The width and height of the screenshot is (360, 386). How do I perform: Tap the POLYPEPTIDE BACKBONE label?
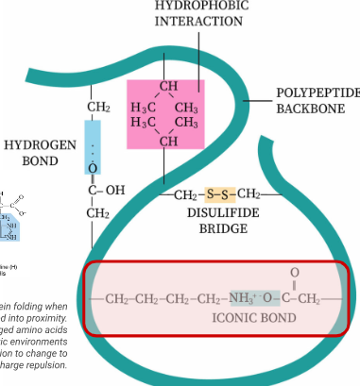click(x=317, y=101)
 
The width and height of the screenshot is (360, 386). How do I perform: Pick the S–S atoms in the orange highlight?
click(x=218, y=194)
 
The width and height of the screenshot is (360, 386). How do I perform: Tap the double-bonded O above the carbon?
click(x=294, y=274)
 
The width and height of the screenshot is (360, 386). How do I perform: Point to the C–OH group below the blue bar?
click(x=106, y=191)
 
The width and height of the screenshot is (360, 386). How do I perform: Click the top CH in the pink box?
click(x=168, y=88)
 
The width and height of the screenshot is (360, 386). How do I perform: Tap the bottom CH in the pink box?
click(x=168, y=142)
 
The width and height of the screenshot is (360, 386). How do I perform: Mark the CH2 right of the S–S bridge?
click(x=248, y=194)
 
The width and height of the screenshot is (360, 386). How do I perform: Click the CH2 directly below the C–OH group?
click(x=98, y=213)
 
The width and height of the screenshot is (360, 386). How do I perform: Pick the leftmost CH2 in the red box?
click(x=118, y=300)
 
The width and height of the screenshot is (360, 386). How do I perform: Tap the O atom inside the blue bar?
click(x=93, y=169)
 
